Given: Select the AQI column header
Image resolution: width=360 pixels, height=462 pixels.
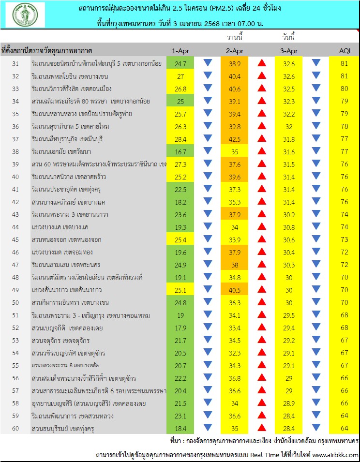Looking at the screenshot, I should (344, 51).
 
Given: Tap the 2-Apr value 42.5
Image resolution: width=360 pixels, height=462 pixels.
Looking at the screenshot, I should (235, 139).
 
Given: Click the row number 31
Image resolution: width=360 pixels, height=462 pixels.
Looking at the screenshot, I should (15, 63).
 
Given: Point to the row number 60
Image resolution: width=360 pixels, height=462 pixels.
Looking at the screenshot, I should (15, 428).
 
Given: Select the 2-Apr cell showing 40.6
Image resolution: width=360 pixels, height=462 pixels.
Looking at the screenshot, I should (235, 89).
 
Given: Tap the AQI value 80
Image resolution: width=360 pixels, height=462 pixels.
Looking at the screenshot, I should (344, 89).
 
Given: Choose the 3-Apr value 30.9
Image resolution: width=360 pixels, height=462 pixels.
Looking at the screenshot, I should (288, 214).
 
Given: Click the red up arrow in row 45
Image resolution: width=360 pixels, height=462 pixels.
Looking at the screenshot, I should (262, 239).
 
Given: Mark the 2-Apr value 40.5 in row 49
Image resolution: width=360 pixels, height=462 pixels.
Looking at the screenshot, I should (235, 290).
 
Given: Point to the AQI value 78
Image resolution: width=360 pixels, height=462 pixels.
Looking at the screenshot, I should (344, 126).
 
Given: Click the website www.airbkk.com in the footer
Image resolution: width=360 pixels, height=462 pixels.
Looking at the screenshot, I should (335, 455).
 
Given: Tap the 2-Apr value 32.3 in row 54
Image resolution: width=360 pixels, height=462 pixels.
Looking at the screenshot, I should (235, 353).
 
